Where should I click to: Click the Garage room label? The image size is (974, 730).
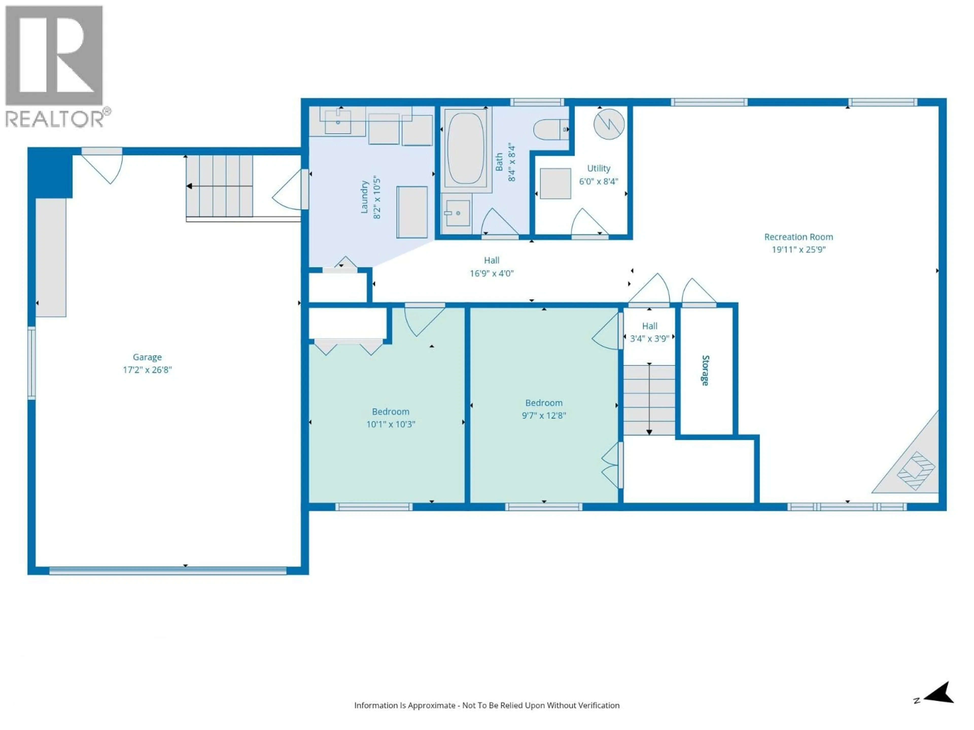[147, 357]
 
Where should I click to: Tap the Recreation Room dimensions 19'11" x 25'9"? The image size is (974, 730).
[798, 249]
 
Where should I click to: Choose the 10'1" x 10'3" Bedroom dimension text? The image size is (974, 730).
[391, 424]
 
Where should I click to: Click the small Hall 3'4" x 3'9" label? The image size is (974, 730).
[650, 332]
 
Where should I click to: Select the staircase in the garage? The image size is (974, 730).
[219, 186]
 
